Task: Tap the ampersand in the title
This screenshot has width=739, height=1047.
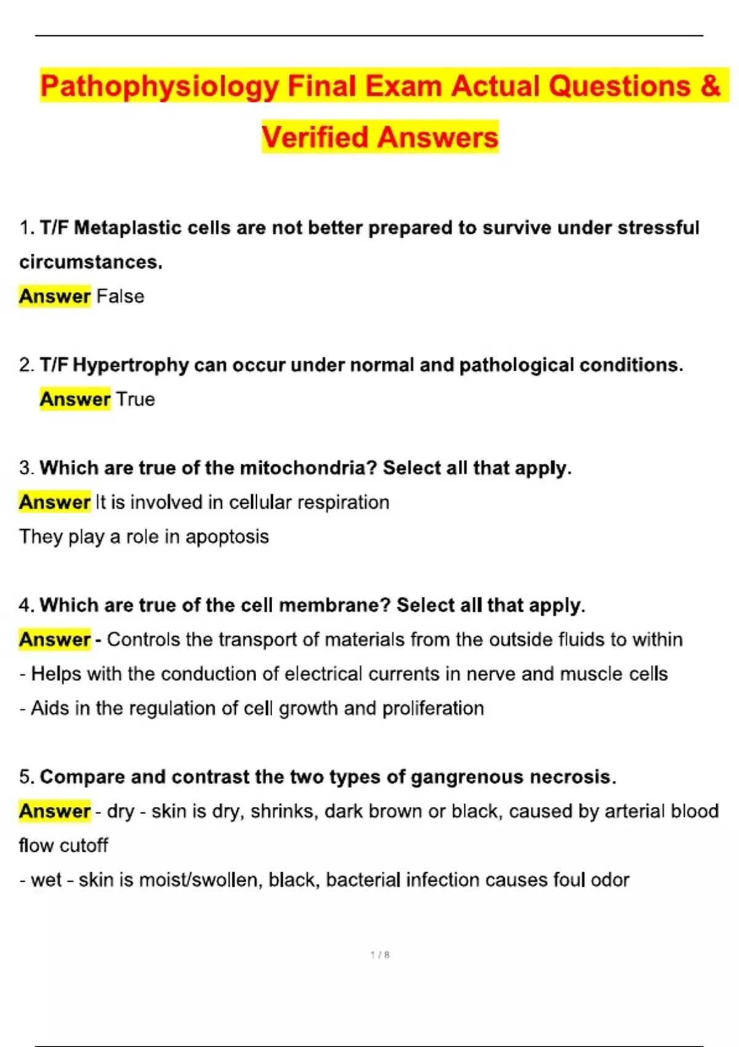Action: (710, 86)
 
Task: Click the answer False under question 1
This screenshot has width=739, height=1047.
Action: (120, 296)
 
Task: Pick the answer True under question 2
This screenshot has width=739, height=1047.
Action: (135, 399)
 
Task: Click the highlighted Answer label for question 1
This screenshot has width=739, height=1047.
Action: (55, 296)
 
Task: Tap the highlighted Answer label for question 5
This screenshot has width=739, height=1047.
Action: (55, 811)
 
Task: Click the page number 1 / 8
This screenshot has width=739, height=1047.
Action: (380, 955)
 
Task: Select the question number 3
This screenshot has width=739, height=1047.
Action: (25, 468)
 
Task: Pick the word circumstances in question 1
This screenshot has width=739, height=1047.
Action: (91, 262)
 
